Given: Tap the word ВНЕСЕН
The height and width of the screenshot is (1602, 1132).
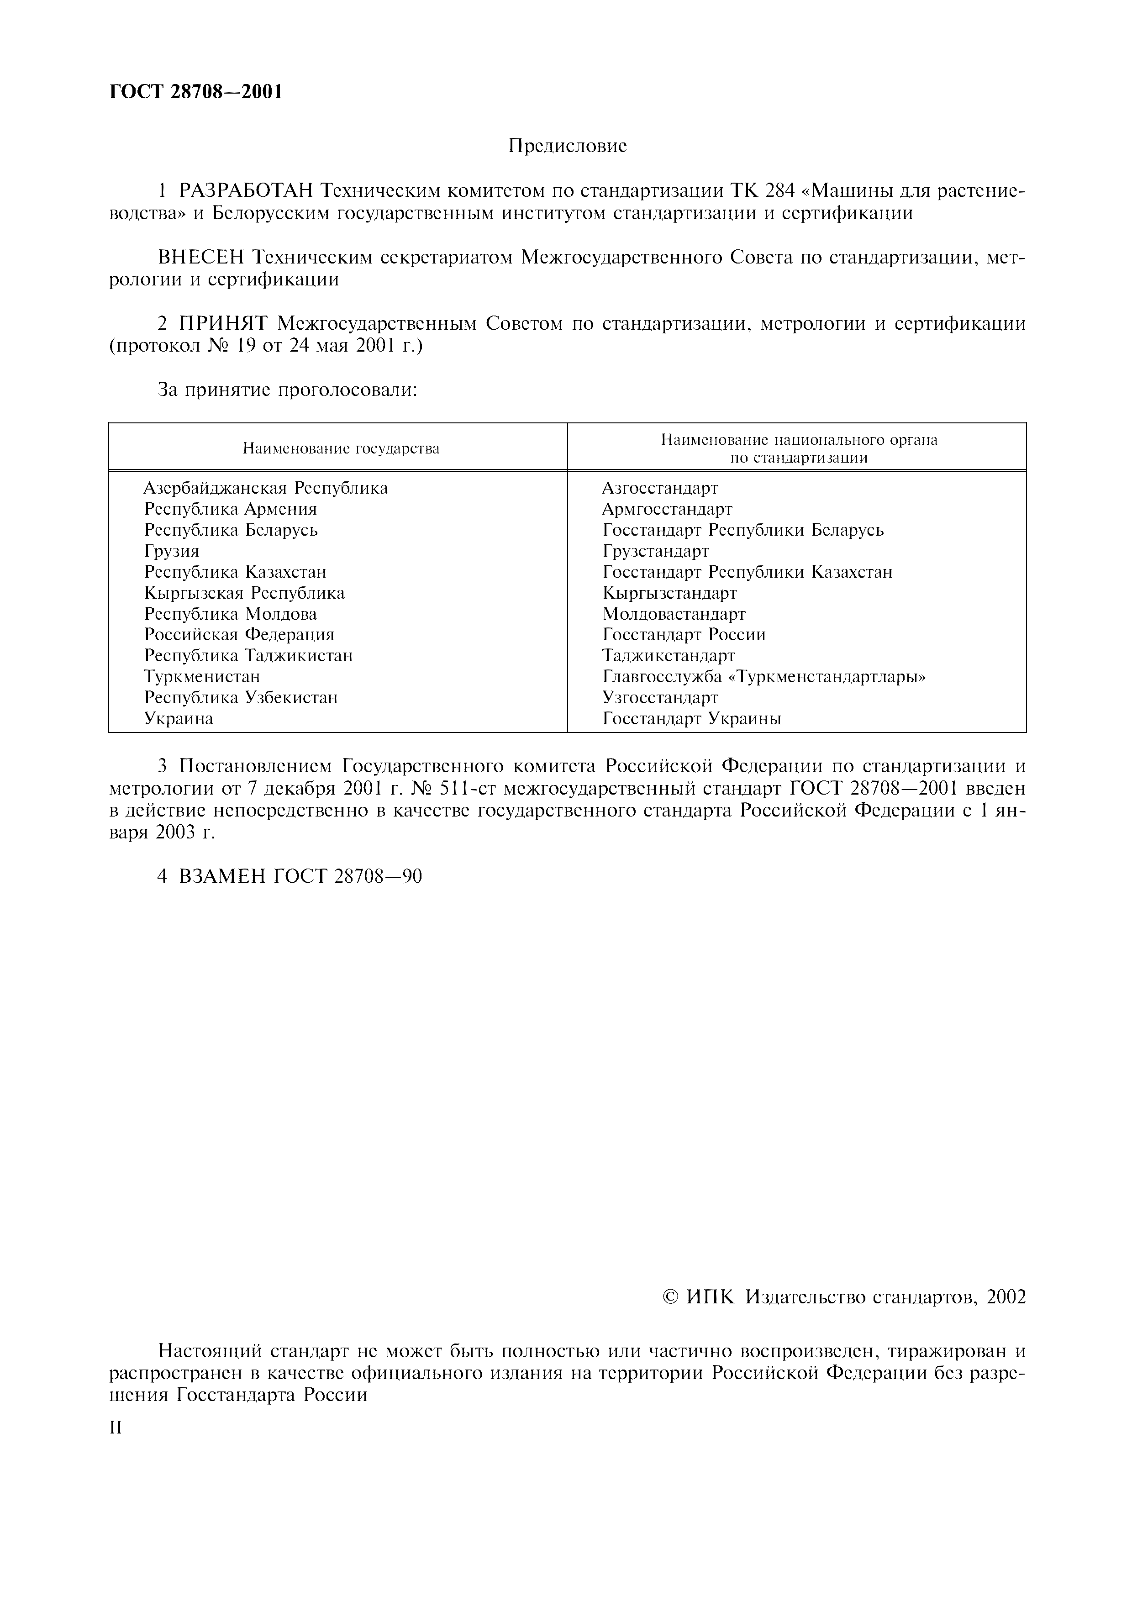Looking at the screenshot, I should pos(201,258).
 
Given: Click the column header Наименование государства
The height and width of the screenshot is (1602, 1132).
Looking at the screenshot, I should pos(341,448).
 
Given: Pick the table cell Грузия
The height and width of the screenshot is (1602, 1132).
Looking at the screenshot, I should pos(172,551).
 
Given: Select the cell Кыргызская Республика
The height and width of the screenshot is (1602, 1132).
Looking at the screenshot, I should pos(244,593).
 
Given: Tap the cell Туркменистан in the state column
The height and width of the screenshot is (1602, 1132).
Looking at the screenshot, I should pos(202,677).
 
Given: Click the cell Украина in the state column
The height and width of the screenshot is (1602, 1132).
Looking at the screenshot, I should pos(179,719).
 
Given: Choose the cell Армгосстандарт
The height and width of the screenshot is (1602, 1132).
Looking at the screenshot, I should pos(667,509).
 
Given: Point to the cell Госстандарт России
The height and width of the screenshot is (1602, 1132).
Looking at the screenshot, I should pos(684,635).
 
